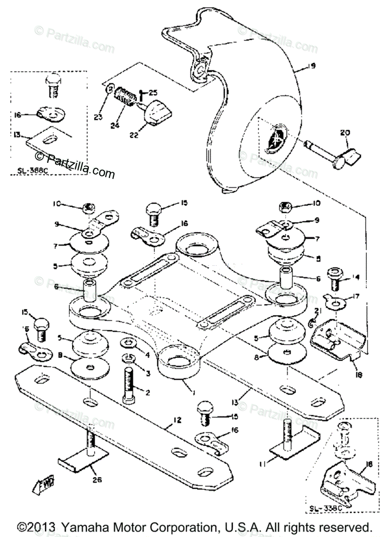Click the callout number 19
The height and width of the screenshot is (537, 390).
[x=312, y=66]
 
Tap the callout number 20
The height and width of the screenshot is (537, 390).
[x=345, y=132]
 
